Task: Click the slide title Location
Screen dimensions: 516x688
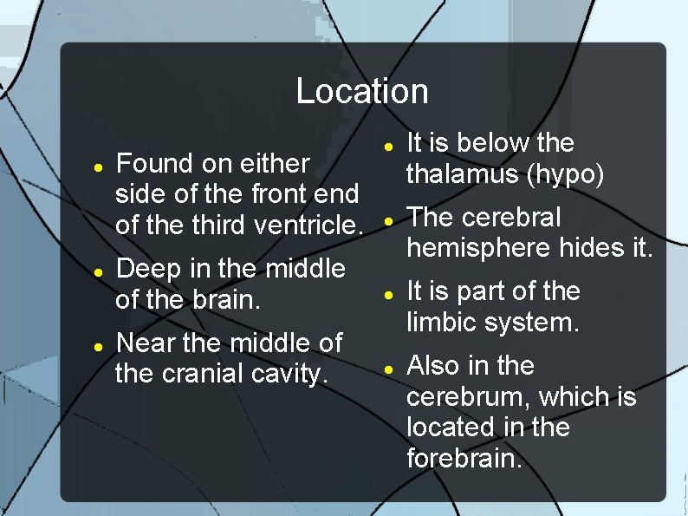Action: tap(362, 91)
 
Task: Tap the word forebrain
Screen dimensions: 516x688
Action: tap(464, 458)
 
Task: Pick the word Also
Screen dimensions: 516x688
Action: tap(433, 366)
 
